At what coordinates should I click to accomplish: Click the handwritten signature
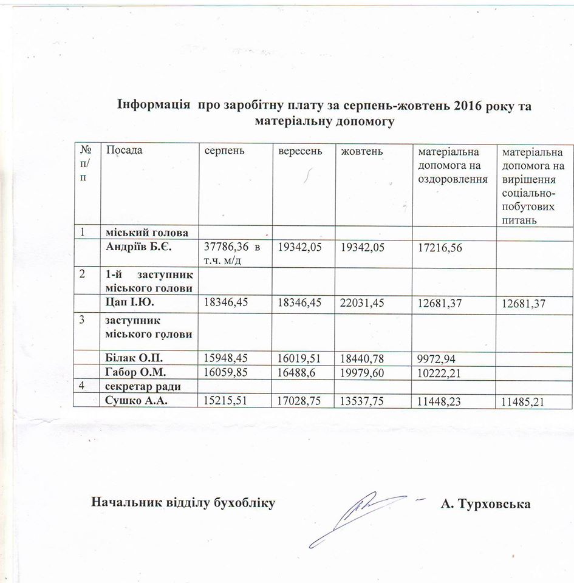pyautogui.click(x=358, y=515)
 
